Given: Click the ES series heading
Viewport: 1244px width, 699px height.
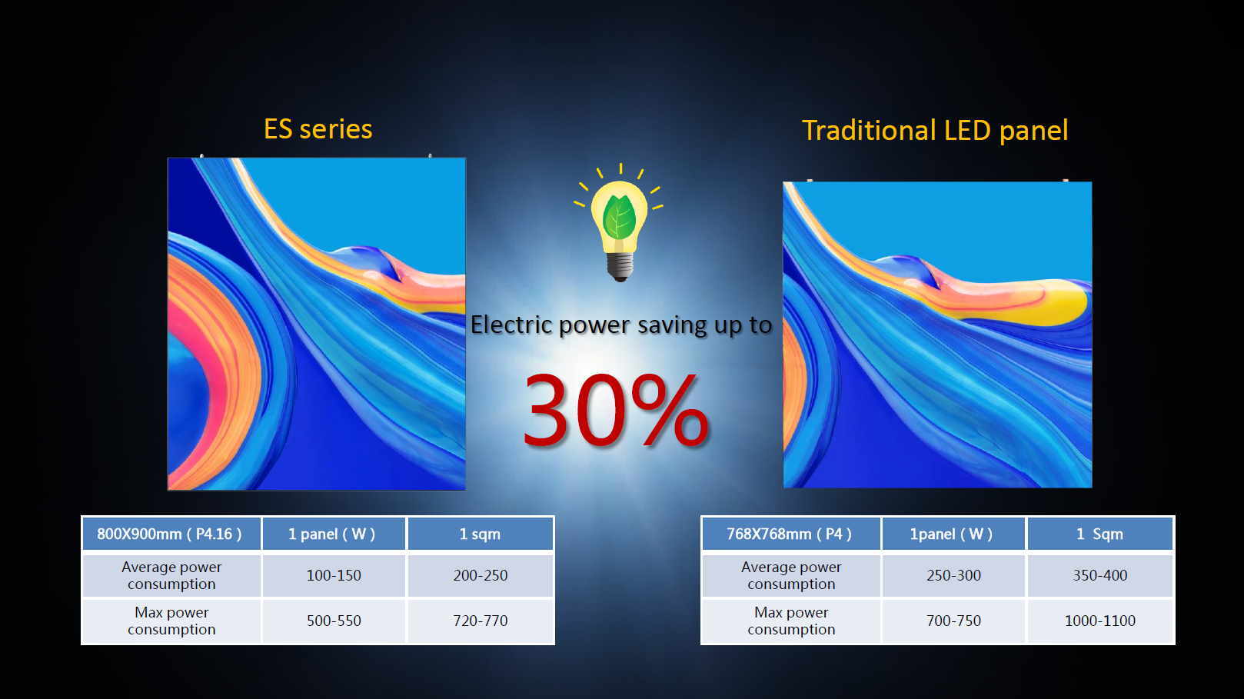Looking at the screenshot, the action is tap(318, 129).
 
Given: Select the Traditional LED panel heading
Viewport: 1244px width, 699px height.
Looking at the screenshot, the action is tap(935, 131).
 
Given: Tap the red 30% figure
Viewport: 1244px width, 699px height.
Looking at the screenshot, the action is tap(616, 410).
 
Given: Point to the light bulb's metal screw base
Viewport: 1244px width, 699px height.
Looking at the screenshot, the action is tap(620, 267).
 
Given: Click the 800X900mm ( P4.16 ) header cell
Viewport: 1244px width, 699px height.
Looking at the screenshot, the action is tap(171, 534).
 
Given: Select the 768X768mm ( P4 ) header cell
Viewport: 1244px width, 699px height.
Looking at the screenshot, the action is tap(791, 534).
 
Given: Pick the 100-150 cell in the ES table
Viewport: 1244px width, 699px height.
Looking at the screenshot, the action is tap(334, 575).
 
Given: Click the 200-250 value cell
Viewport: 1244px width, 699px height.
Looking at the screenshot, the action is tap(481, 575).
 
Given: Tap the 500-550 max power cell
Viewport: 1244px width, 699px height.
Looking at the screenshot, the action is tap(334, 621).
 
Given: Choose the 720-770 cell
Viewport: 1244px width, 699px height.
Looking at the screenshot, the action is tap(481, 621).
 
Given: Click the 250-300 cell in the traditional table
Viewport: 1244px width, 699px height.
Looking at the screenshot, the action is tap(953, 575).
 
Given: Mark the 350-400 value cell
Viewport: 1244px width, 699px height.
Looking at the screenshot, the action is tap(1100, 575).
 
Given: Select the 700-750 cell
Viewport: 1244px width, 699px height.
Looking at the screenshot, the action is tap(953, 621).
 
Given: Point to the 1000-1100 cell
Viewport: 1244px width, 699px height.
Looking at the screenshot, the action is tap(1100, 621).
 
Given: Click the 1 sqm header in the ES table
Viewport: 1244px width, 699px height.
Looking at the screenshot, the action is tap(481, 534).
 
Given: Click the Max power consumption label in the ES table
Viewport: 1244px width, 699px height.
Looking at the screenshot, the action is tap(171, 621).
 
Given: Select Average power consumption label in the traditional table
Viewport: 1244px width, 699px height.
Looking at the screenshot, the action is tap(791, 575).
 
